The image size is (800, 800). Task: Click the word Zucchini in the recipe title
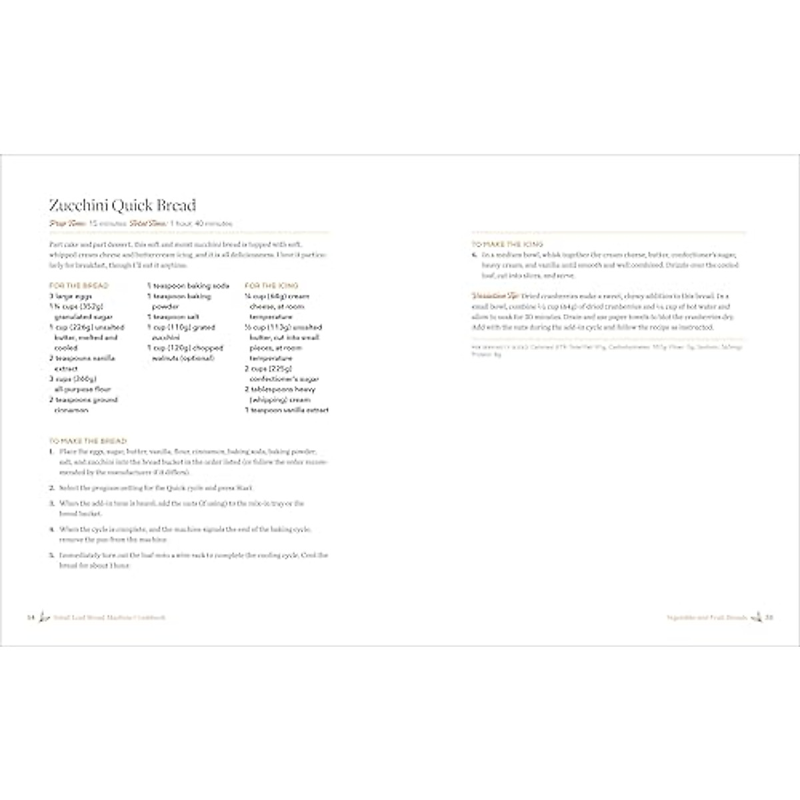[75, 205]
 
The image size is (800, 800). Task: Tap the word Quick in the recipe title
[129, 205]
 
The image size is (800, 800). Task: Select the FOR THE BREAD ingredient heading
[79, 285]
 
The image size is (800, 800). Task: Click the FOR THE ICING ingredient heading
[272, 285]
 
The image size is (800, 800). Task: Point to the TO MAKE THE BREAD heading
[88, 441]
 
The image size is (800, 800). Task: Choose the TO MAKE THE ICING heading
[507, 244]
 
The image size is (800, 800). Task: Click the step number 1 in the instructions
[51, 451]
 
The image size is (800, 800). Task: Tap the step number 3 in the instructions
[51, 503]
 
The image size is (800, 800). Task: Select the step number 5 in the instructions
[51, 555]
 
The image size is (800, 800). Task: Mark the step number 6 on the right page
[474, 255]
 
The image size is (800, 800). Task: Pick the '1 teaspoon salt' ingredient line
[173, 317]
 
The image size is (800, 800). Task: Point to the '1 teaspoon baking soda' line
[188, 285]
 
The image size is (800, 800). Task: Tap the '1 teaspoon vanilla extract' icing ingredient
[287, 410]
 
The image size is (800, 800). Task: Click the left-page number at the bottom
[30, 617]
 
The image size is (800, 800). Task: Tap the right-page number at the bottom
[768, 617]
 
